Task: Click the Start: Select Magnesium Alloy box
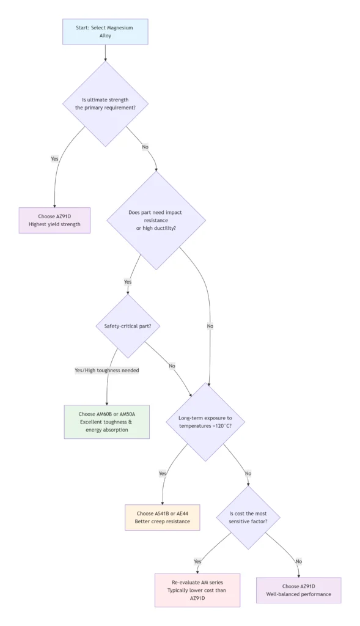click(x=105, y=32)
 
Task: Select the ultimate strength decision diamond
click(x=105, y=103)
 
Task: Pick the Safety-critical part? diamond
click(x=128, y=326)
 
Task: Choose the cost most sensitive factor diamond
click(x=248, y=517)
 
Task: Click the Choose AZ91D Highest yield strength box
click(x=54, y=220)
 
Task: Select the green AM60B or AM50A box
click(x=106, y=422)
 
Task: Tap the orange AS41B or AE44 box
click(x=162, y=517)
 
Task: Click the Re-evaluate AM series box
click(x=197, y=590)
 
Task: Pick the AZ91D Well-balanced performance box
click(x=298, y=590)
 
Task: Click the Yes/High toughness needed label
click(x=107, y=370)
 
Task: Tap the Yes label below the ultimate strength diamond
click(x=54, y=158)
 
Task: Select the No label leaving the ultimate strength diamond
click(x=145, y=147)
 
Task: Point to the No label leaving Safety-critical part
click(x=172, y=366)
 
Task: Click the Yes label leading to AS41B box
click(x=163, y=473)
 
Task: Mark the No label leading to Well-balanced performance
click(x=298, y=561)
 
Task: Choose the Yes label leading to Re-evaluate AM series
click(x=197, y=561)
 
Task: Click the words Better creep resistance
click(x=162, y=521)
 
